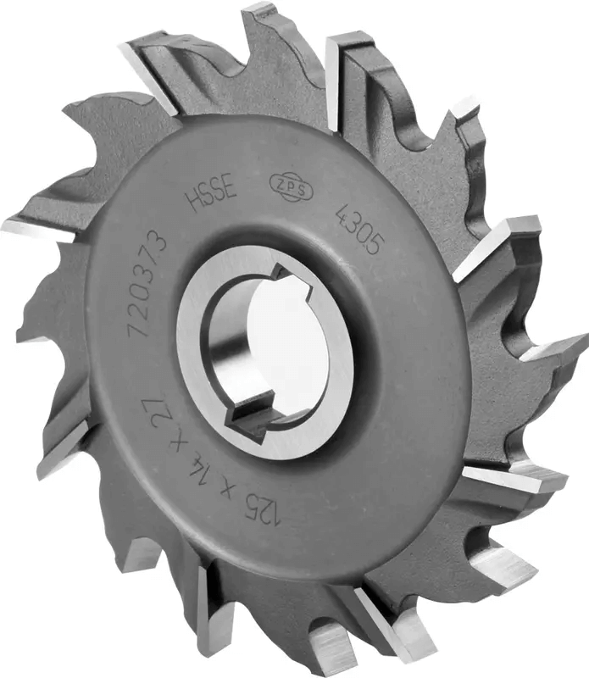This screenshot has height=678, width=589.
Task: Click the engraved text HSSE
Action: click(x=212, y=196)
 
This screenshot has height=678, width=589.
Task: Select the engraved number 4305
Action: click(x=360, y=229)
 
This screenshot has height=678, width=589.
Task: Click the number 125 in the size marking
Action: click(x=263, y=510)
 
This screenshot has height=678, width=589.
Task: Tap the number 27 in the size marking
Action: click(x=154, y=400)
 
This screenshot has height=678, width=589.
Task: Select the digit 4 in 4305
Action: click(x=344, y=213)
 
